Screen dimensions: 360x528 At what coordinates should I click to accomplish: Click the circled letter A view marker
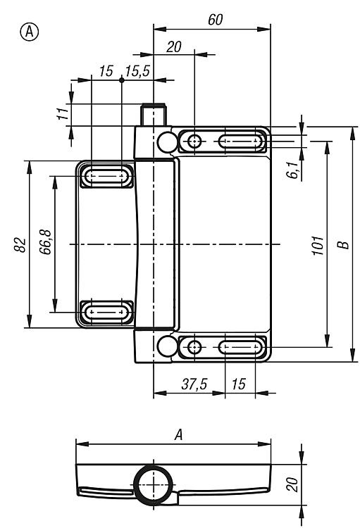(x=30, y=32)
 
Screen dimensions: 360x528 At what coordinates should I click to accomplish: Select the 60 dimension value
(x=215, y=20)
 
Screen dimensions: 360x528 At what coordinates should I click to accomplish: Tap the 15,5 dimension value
(x=137, y=71)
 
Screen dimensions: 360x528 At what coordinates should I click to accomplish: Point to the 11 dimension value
(x=63, y=114)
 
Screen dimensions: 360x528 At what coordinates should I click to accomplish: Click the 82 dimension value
(x=20, y=244)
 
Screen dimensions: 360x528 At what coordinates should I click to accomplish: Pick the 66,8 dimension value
(x=46, y=241)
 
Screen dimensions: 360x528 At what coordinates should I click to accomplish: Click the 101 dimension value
(x=318, y=246)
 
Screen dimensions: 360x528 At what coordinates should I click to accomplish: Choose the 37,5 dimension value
(x=194, y=384)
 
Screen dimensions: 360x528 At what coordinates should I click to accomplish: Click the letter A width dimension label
(x=179, y=435)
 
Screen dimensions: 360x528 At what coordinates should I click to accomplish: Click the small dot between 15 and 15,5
(x=122, y=80)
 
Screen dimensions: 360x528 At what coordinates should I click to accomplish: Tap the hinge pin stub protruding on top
(x=154, y=115)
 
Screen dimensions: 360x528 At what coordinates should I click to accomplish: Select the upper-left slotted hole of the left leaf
(x=106, y=176)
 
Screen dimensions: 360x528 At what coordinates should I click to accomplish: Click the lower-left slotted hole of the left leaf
(x=106, y=312)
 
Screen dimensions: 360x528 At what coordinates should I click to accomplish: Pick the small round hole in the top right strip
(x=194, y=142)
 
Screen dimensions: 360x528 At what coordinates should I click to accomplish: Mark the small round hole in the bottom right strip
(x=194, y=347)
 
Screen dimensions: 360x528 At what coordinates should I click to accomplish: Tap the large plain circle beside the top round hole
(x=167, y=142)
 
